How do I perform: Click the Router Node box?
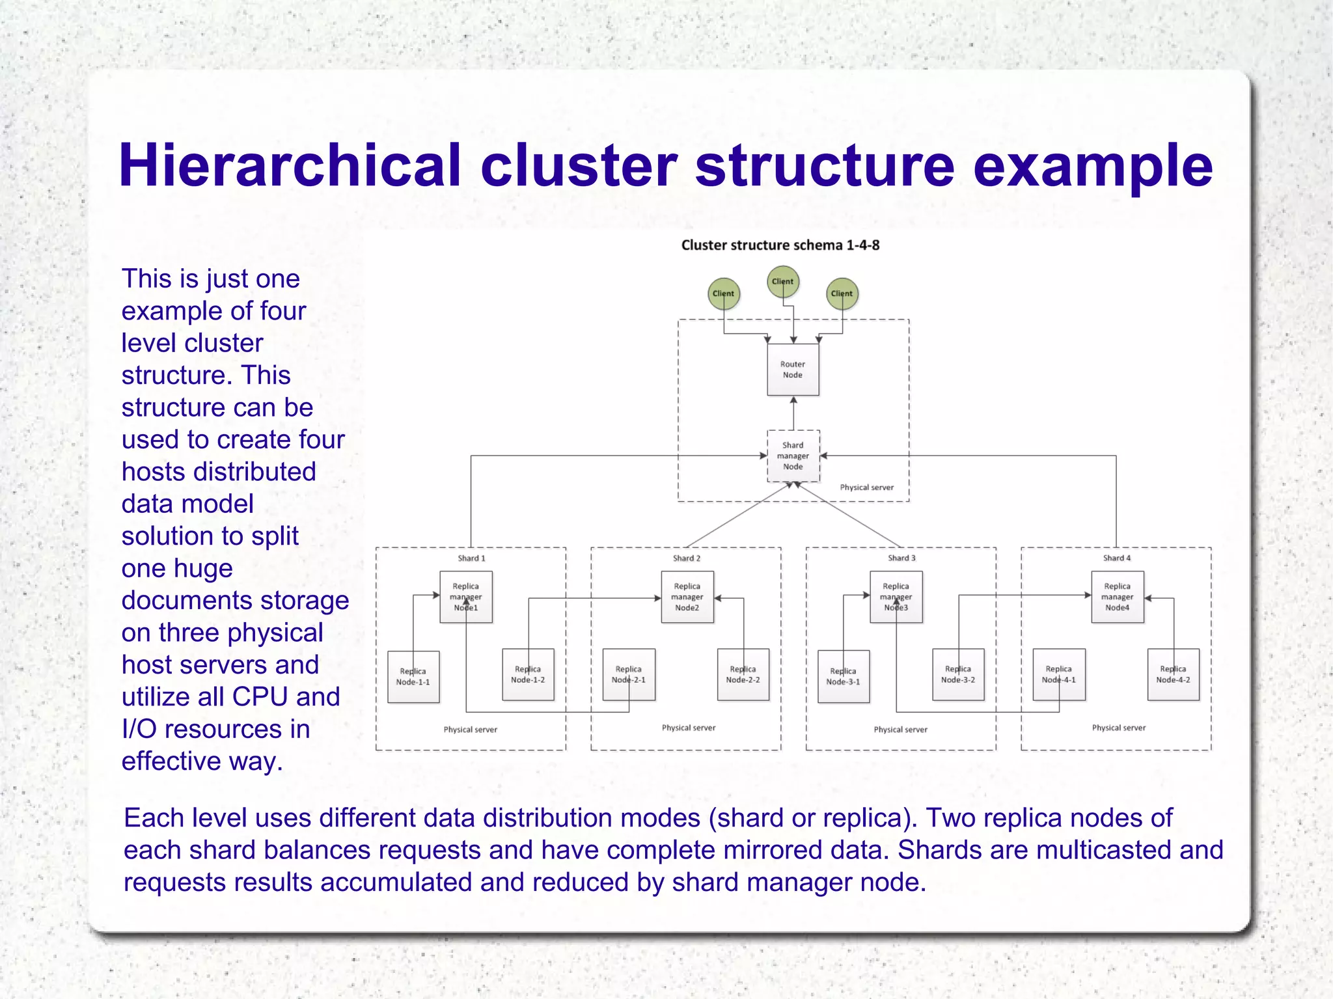[793, 369]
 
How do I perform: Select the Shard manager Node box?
[793, 456]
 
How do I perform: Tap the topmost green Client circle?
[782, 282]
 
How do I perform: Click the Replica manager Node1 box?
[465, 597]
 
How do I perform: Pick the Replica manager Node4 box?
[1117, 597]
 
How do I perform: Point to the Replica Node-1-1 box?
[413, 676]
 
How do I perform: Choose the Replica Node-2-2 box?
[743, 674]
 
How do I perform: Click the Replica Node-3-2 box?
[957, 674]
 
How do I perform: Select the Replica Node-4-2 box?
[1173, 674]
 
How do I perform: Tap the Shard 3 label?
[901, 558]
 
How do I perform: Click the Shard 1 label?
[471, 558]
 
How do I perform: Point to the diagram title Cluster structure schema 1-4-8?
[780, 245]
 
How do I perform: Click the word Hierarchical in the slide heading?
[290, 166]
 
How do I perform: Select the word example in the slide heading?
[1093, 167]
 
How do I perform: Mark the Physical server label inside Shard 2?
[688, 728]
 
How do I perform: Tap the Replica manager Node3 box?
[896, 597]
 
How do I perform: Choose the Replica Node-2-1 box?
[628, 674]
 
